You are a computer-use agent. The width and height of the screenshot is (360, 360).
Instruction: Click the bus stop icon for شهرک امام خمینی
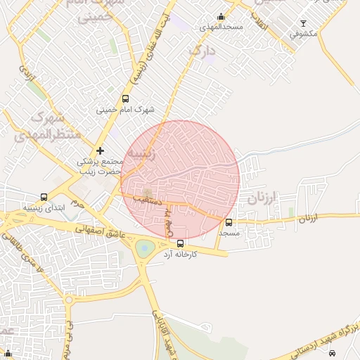click(126, 99)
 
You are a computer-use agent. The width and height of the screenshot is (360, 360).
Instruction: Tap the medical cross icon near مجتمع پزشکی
click(101, 150)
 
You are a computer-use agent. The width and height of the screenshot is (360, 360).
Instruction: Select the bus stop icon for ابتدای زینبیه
click(44, 198)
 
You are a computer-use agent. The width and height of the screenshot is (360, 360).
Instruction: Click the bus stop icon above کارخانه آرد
click(181, 244)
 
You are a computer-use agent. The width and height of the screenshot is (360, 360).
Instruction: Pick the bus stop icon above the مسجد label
click(229, 222)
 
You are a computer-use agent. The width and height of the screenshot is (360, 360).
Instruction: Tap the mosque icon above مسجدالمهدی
click(221, 17)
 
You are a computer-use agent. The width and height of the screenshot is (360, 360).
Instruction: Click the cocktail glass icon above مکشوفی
click(303, 23)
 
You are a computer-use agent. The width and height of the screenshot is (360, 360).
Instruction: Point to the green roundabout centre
click(145, 247)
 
